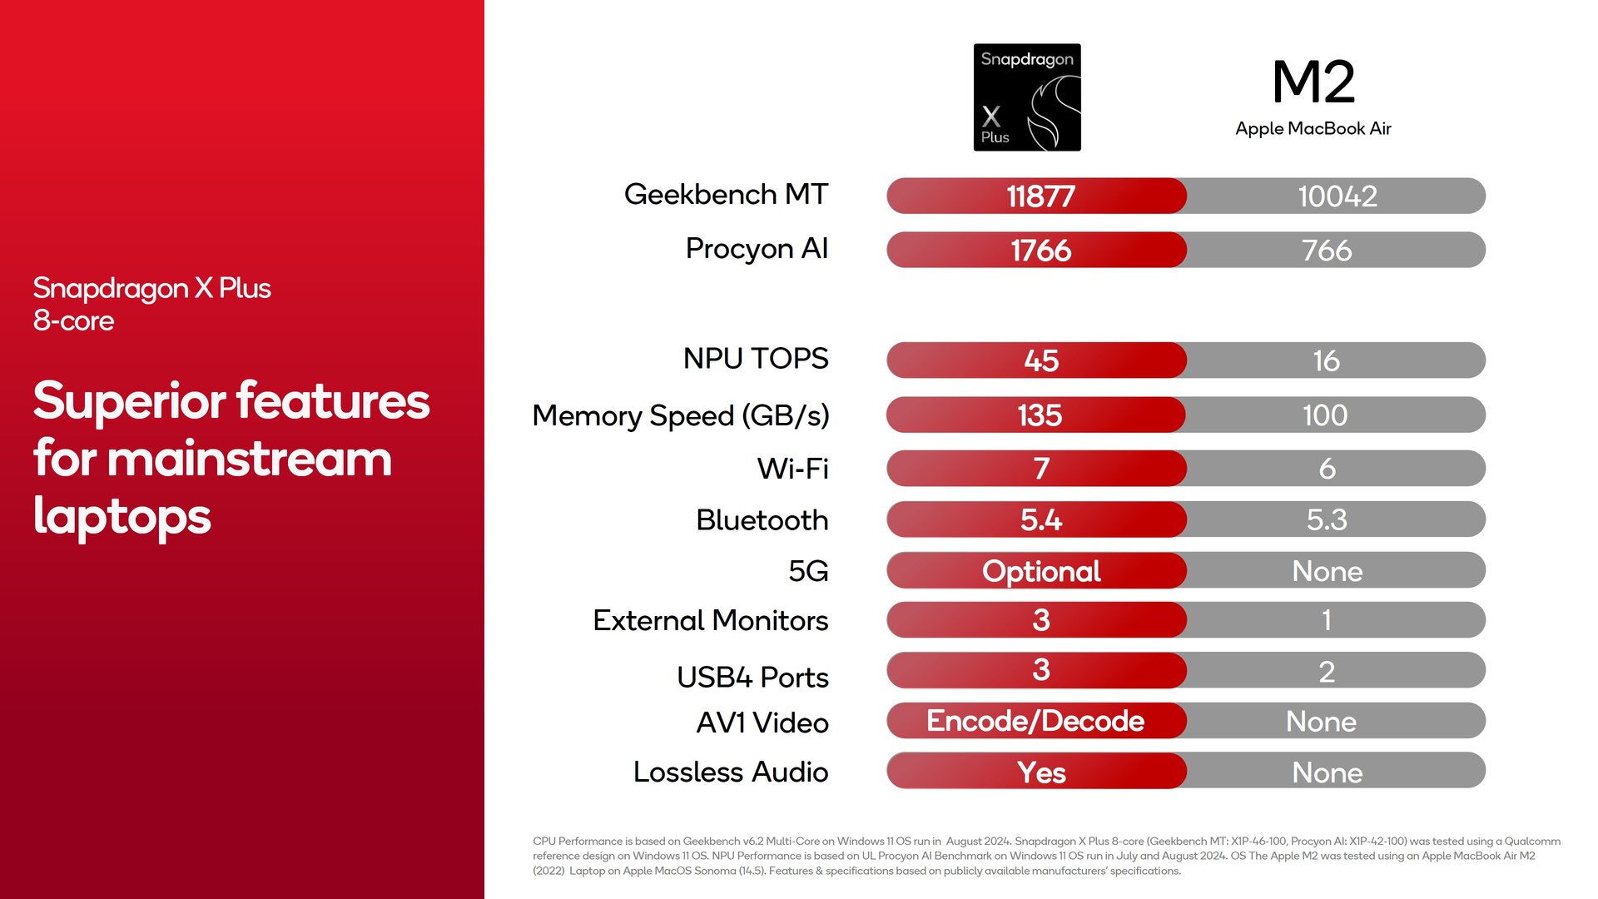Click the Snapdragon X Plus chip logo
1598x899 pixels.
click(x=1027, y=97)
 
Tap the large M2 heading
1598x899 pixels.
click(x=1313, y=82)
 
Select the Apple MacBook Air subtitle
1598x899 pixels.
click(x=1313, y=128)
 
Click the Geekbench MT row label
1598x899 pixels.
click(x=726, y=194)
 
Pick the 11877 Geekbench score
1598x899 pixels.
click(x=1040, y=196)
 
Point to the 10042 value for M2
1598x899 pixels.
click(x=1337, y=196)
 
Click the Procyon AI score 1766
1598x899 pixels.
click(x=1040, y=251)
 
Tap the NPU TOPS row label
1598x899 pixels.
click(x=756, y=359)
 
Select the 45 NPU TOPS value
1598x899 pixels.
click(x=1041, y=361)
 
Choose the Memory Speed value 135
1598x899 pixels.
click(x=1040, y=415)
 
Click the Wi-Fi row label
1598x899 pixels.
click(x=792, y=469)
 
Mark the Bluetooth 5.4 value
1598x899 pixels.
click(x=1041, y=520)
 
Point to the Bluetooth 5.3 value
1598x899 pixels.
click(x=1327, y=520)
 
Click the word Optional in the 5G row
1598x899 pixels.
click(x=1041, y=572)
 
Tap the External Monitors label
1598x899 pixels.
click(x=710, y=621)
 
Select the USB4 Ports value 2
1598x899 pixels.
click(x=1327, y=672)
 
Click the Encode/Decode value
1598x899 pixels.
click(x=1035, y=721)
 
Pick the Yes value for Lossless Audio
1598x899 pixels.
click(x=1041, y=773)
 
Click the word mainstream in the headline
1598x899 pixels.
click(x=250, y=459)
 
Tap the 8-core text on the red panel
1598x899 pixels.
click(x=73, y=321)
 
